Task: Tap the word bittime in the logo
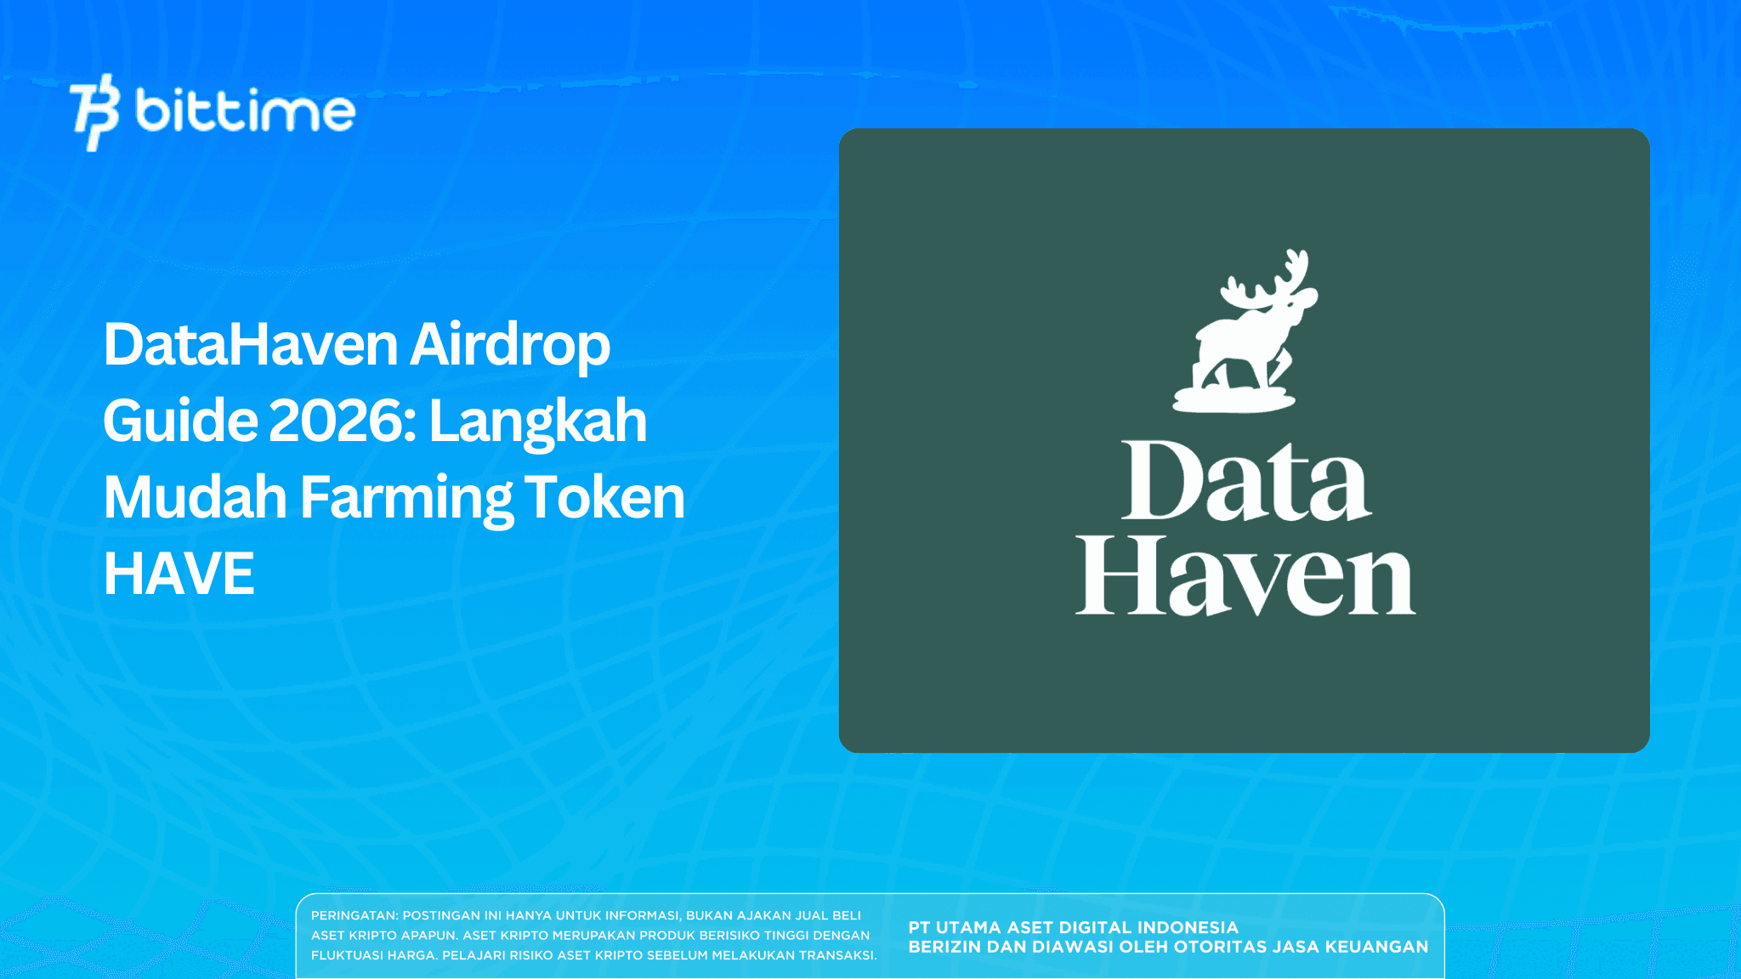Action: point(245,111)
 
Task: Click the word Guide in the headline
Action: point(180,422)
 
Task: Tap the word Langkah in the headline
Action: point(538,422)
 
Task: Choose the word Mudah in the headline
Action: point(195,497)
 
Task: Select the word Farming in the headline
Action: point(406,499)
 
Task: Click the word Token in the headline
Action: point(604,497)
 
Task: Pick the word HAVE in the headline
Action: point(179,574)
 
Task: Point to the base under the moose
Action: point(1233,399)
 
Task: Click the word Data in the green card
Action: point(1246,481)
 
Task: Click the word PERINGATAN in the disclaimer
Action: point(354,916)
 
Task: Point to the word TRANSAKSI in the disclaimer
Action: point(836,955)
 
